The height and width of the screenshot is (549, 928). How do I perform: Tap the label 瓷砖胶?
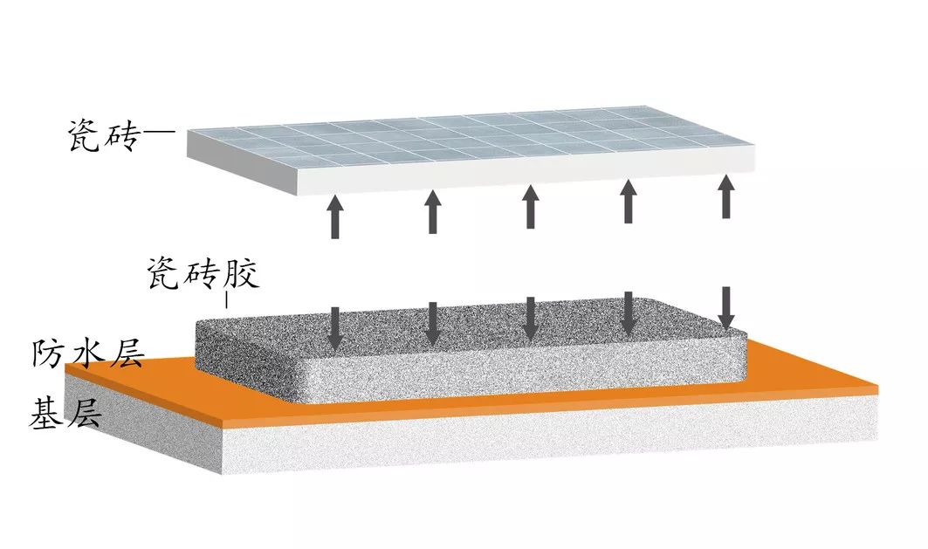pos(203,273)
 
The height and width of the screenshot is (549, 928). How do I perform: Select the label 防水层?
pos(87,353)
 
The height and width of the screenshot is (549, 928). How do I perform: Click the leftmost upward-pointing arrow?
pos(335,216)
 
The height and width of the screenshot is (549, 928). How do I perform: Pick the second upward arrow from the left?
pos(433,211)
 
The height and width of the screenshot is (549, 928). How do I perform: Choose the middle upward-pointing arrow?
pos(531,207)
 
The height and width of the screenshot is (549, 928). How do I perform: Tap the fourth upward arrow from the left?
pos(629,201)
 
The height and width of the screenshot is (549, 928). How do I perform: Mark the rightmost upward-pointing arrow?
pos(726,196)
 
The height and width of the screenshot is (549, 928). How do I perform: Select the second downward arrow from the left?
pos(433,323)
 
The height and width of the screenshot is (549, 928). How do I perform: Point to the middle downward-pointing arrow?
pos(531,319)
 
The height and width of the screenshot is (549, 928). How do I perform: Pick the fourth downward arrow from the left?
pos(629,313)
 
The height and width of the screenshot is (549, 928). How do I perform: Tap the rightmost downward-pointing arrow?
pos(726,307)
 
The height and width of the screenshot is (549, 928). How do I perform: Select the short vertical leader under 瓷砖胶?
pos(227,300)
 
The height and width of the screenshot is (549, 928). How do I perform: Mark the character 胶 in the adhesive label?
pos(242,273)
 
